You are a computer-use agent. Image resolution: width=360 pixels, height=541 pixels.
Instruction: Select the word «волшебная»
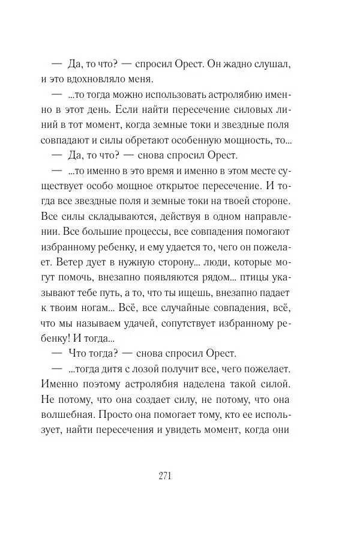click(x=67, y=415)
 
